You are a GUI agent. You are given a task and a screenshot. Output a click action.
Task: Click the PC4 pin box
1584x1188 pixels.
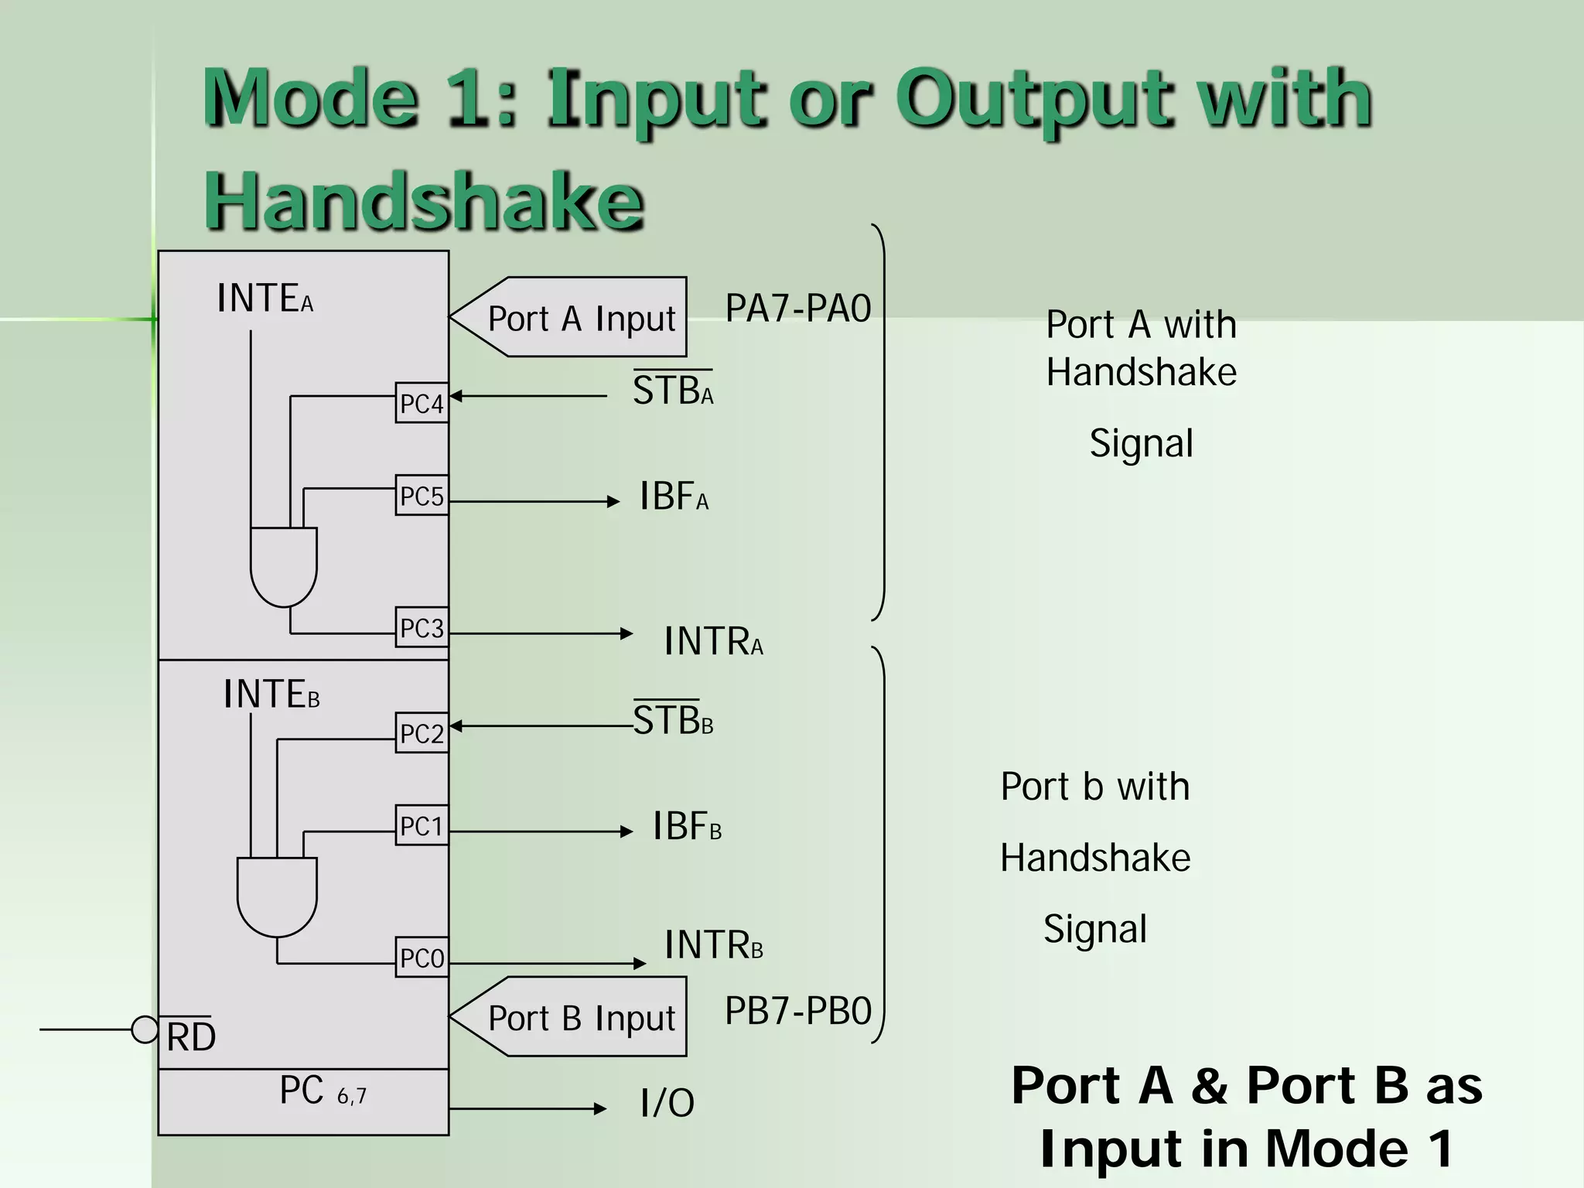click(x=422, y=403)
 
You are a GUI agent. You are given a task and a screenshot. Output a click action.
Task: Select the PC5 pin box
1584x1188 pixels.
click(x=422, y=495)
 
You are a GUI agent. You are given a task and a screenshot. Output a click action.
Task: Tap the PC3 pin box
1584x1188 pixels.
click(x=422, y=627)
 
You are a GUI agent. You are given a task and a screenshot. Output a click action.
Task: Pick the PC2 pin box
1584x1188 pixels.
click(x=422, y=732)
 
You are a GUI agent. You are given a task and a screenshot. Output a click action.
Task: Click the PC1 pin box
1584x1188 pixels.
click(x=422, y=825)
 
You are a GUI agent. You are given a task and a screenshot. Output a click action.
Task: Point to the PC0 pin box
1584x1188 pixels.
click(x=422, y=958)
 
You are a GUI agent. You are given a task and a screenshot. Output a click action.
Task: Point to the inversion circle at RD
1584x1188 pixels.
click(x=145, y=1029)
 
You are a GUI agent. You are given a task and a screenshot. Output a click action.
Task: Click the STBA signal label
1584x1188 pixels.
click(x=673, y=390)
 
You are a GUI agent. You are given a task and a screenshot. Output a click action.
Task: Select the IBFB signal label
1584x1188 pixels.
click(x=686, y=826)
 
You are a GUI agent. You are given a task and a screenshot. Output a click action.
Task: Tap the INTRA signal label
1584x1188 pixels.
click(x=712, y=641)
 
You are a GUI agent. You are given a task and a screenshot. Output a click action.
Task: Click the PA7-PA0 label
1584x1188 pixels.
click(x=797, y=308)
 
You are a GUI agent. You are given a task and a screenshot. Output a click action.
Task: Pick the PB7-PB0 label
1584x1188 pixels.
click(x=797, y=1010)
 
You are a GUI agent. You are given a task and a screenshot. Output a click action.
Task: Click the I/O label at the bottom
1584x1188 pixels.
click(x=667, y=1103)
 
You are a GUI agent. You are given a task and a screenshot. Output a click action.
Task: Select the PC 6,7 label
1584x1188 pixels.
click(x=323, y=1091)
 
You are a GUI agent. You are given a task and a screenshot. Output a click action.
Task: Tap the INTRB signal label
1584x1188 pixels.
click(x=712, y=944)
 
